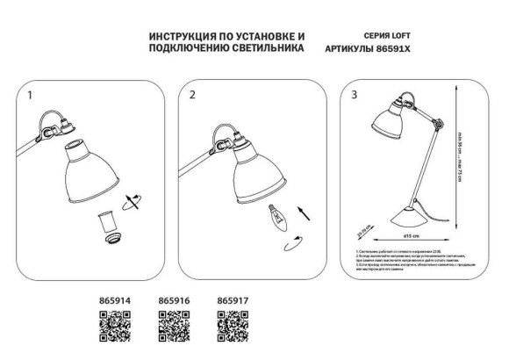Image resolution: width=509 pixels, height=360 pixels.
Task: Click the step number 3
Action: tap(353, 93)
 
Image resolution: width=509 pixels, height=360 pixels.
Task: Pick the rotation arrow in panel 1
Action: tap(132, 199)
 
